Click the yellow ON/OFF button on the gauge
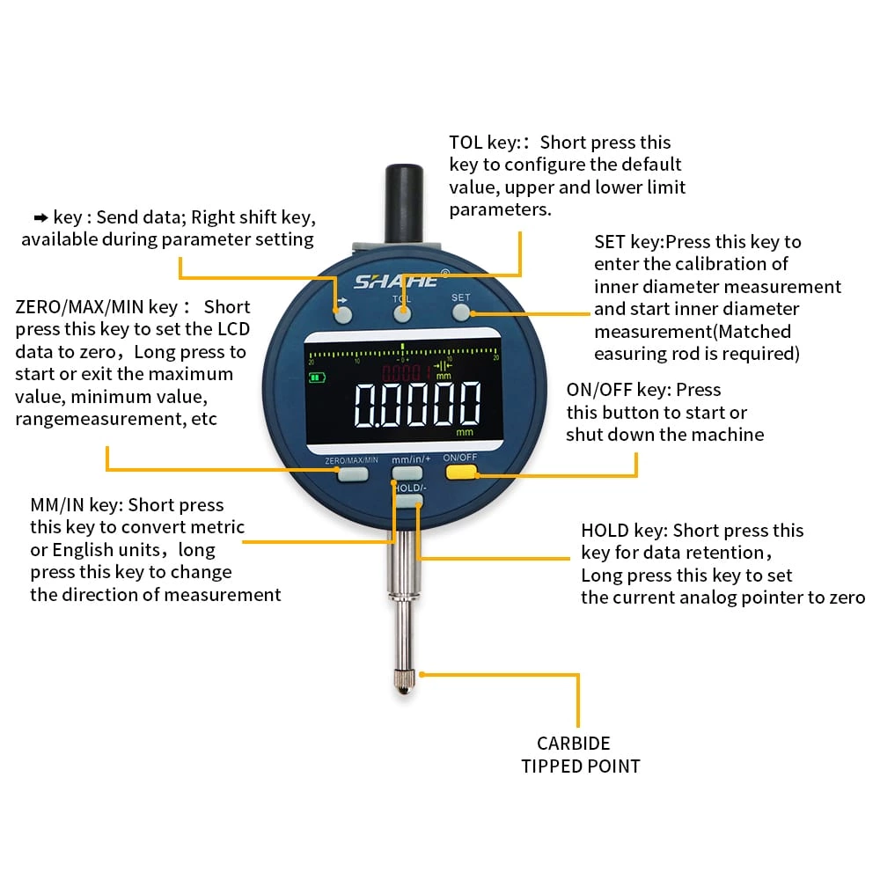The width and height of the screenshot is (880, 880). click(x=459, y=473)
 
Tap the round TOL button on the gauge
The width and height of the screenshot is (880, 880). click(x=402, y=313)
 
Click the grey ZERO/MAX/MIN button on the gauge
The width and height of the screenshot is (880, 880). click(x=351, y=475)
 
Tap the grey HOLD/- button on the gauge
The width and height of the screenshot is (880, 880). click(x=408, y=501)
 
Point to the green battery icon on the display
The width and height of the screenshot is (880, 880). click(x=314, y=379)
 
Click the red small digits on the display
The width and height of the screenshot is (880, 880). click(x=411, y=370)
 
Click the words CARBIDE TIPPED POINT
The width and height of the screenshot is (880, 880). click(x=580, y=755)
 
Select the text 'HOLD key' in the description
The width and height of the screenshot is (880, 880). click(x=621, y=531)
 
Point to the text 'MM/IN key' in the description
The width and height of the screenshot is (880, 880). click(x=76, y=505)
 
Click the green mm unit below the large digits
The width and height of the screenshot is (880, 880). click(x=464, y=433)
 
